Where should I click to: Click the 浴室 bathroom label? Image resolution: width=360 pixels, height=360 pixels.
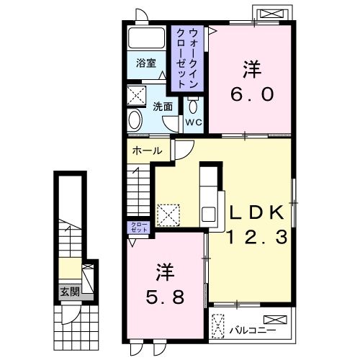pyautogui.click(x=146, y=63)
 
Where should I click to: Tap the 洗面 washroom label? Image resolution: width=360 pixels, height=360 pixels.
pyautogui.click(x=162, y=107)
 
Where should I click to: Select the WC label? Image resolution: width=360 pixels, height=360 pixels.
pyautogui.click(x=194, y=122)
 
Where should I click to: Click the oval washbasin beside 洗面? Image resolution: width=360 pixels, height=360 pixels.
pyautogui.click(x=134, y=119)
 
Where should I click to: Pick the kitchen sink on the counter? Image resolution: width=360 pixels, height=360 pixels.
pyautogui.click(x=207, y=214)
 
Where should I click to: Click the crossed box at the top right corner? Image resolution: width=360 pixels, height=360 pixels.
pyautogui.click(x=273, y=14)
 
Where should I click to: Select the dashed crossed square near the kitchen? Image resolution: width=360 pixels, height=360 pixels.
pyautogui.click(x=168, y=214)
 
